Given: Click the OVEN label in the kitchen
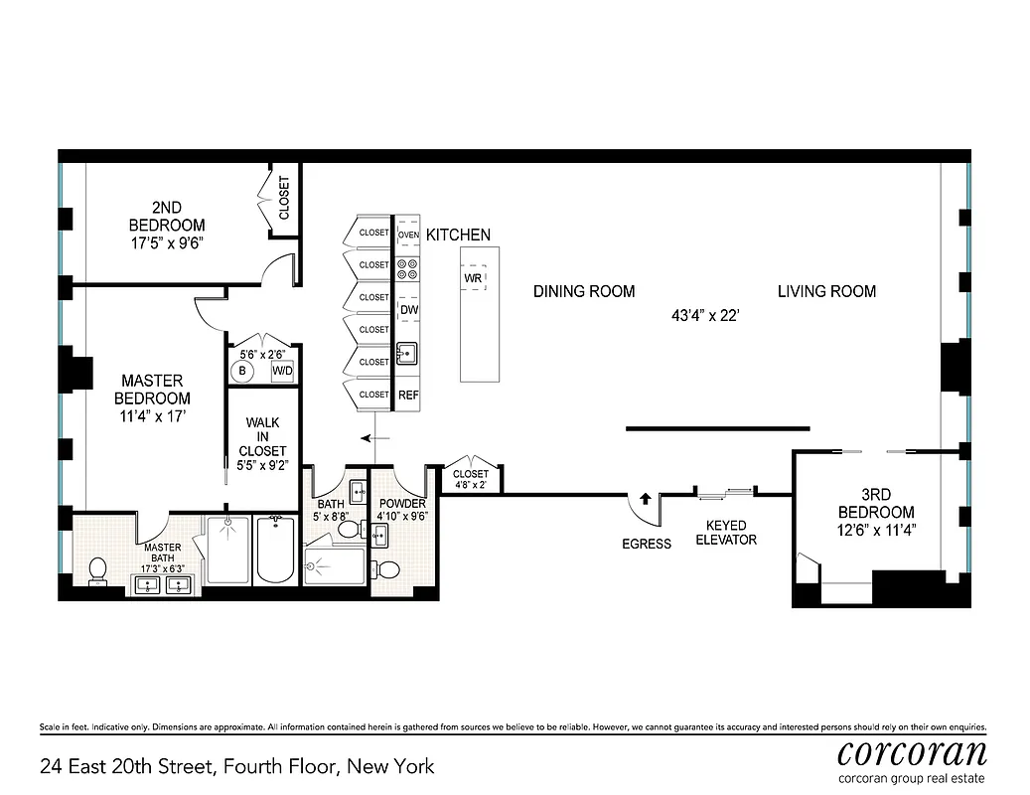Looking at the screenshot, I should (x=409, y=235).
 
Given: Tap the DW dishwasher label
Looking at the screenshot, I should (x=408, y=310).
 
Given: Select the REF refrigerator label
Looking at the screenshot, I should (x=408, y=395).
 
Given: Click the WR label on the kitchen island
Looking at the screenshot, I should (x=473, y=278).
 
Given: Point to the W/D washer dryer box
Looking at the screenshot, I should (x=282, y=371).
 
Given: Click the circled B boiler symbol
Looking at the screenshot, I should (x=241, y=371).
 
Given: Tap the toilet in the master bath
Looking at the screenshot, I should (x=97, y=570).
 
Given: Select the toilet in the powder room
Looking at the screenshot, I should (x=388, y=570).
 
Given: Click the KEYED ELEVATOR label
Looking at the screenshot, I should (x=731, y=533).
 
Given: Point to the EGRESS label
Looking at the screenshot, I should (x=646, y=544).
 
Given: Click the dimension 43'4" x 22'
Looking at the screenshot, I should (x=706, y=316).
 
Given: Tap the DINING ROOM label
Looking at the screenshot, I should (x=584, y=291).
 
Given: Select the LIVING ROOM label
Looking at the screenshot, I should (x=826, y=291).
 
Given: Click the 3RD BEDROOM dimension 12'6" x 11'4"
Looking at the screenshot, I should (x=874, y=530).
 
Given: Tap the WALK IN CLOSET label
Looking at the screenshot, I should (x=262, y=436).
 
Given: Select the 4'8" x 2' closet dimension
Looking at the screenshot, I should (x=471, y=485).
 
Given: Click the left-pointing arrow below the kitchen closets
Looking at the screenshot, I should (x=374, y=437).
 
